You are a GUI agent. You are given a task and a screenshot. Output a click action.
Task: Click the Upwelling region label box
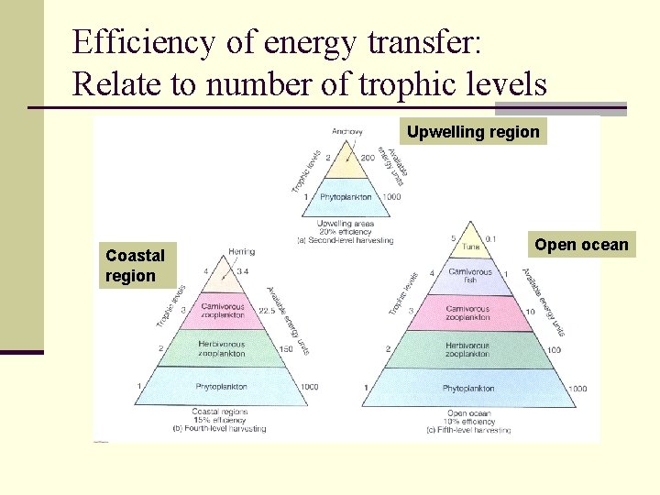coord(473,132)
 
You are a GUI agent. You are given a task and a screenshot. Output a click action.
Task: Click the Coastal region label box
coord(136,266)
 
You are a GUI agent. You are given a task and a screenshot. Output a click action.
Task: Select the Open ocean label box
coord(582,245)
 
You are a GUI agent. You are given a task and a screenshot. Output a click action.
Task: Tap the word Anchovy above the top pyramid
coord(347,131)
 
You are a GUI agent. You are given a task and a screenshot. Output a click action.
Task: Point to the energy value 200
coord(368,158)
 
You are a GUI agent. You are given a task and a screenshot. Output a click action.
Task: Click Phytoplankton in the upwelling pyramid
coord(346,197)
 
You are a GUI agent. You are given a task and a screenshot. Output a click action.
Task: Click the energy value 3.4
coord(242,271)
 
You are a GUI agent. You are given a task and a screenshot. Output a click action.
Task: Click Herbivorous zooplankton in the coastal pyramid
coord(222,348)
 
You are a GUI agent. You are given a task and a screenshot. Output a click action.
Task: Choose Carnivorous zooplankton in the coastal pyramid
coord(223,310)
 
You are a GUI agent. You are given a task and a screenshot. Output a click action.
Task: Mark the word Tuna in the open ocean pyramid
coord(469,246)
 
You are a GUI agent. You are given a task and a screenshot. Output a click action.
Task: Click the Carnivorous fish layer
coord(469,275)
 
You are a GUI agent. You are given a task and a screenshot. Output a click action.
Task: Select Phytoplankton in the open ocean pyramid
coord(468,389)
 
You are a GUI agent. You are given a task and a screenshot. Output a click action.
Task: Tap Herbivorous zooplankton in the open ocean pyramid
coord(467,349)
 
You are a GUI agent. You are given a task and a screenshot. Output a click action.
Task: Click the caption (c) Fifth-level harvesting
coord(468,429)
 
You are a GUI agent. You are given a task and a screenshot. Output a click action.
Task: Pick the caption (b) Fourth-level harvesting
coord(220,428)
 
